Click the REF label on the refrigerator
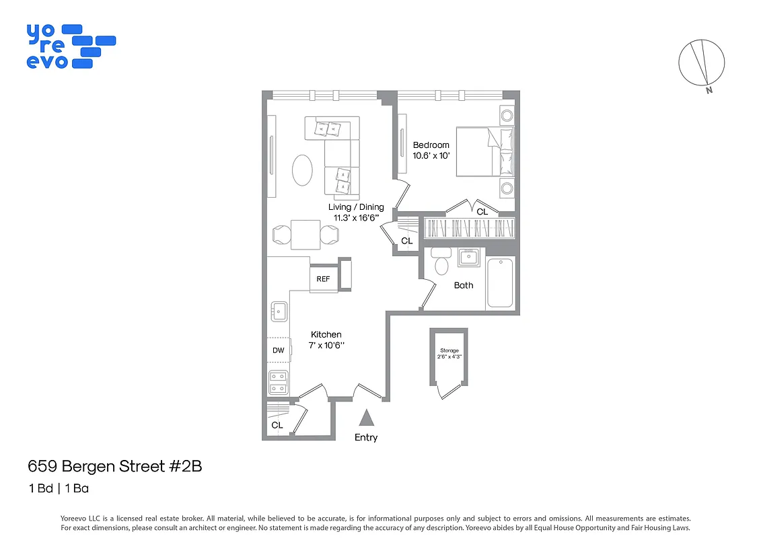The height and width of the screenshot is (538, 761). [323, 279]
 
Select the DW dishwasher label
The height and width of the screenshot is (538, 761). [278, 350]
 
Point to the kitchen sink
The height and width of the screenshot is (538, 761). [279, 311]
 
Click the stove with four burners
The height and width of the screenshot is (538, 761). [279, 383]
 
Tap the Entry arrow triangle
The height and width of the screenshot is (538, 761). [366, 418]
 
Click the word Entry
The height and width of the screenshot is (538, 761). [366, 438]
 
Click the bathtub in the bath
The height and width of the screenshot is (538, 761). [500, 282]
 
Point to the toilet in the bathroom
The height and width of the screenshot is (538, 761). [441, 262]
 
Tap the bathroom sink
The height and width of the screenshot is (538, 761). [468, 257]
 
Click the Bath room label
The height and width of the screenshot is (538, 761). [464, 285]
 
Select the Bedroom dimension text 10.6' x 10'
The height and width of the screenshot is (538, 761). [431, 155]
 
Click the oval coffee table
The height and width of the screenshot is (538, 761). [302, 169]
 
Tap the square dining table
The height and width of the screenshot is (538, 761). [305, 235]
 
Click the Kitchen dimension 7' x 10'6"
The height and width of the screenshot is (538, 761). [326, 345]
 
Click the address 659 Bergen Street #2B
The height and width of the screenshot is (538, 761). [114, 466]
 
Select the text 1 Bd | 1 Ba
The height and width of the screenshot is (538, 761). [58, 489]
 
